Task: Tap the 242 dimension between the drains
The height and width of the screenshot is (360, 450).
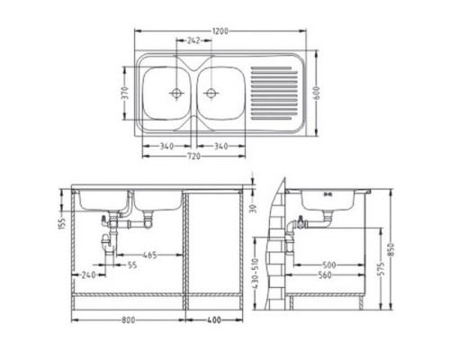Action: (x=194, y=41)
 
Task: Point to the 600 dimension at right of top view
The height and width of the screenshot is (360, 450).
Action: (x=318, y=92)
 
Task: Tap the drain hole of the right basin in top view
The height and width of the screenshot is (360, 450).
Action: (x=211, y=92)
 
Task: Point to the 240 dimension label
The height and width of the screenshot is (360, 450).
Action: (x=88, y=274)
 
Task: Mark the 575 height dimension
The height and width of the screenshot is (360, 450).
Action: (x=382, y=268)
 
